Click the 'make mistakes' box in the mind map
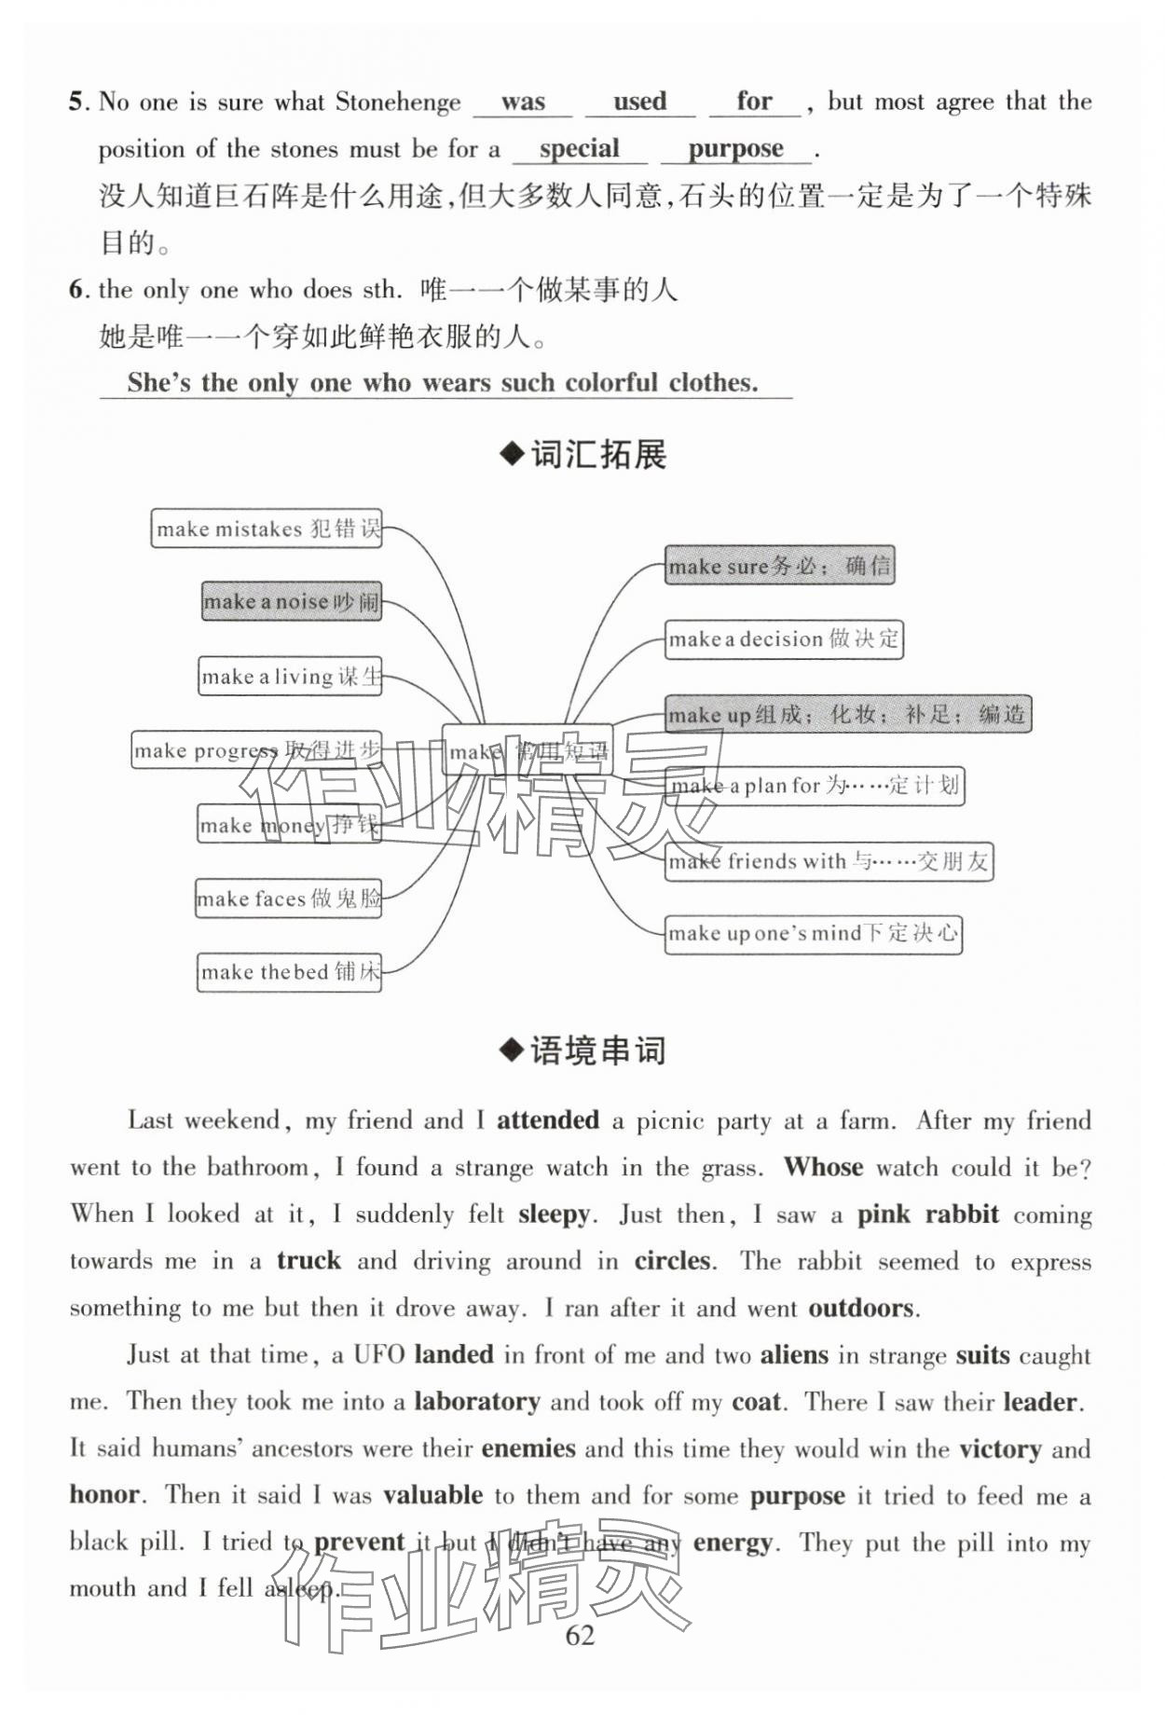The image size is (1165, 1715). tap(267, 528)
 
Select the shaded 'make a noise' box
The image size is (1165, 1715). tap(292, 601)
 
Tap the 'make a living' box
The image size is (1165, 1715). tap(291, 676)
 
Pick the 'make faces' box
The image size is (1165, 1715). tap(289, 899)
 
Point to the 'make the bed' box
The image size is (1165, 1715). tap(290, 972)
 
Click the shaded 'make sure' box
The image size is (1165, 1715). tap(779, 566)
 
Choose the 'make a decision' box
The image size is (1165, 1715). tap(784, 639)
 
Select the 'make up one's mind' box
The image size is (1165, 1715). tap(813, 934)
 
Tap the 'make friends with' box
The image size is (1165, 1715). tap(829, 861)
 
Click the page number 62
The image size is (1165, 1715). tap(580, 1635)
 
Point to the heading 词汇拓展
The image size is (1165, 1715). tap(583, 455)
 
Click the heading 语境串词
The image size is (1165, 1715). tap(583, 1050)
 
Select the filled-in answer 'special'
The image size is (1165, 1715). tap(579, 148)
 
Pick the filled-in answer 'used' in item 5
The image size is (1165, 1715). tap(639, 101)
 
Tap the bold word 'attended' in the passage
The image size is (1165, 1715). tap(547, 1119)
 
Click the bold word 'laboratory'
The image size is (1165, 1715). tap(476, 1401)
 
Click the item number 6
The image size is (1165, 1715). tap(77, 289)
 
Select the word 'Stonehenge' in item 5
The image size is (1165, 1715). tap(398, 102)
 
